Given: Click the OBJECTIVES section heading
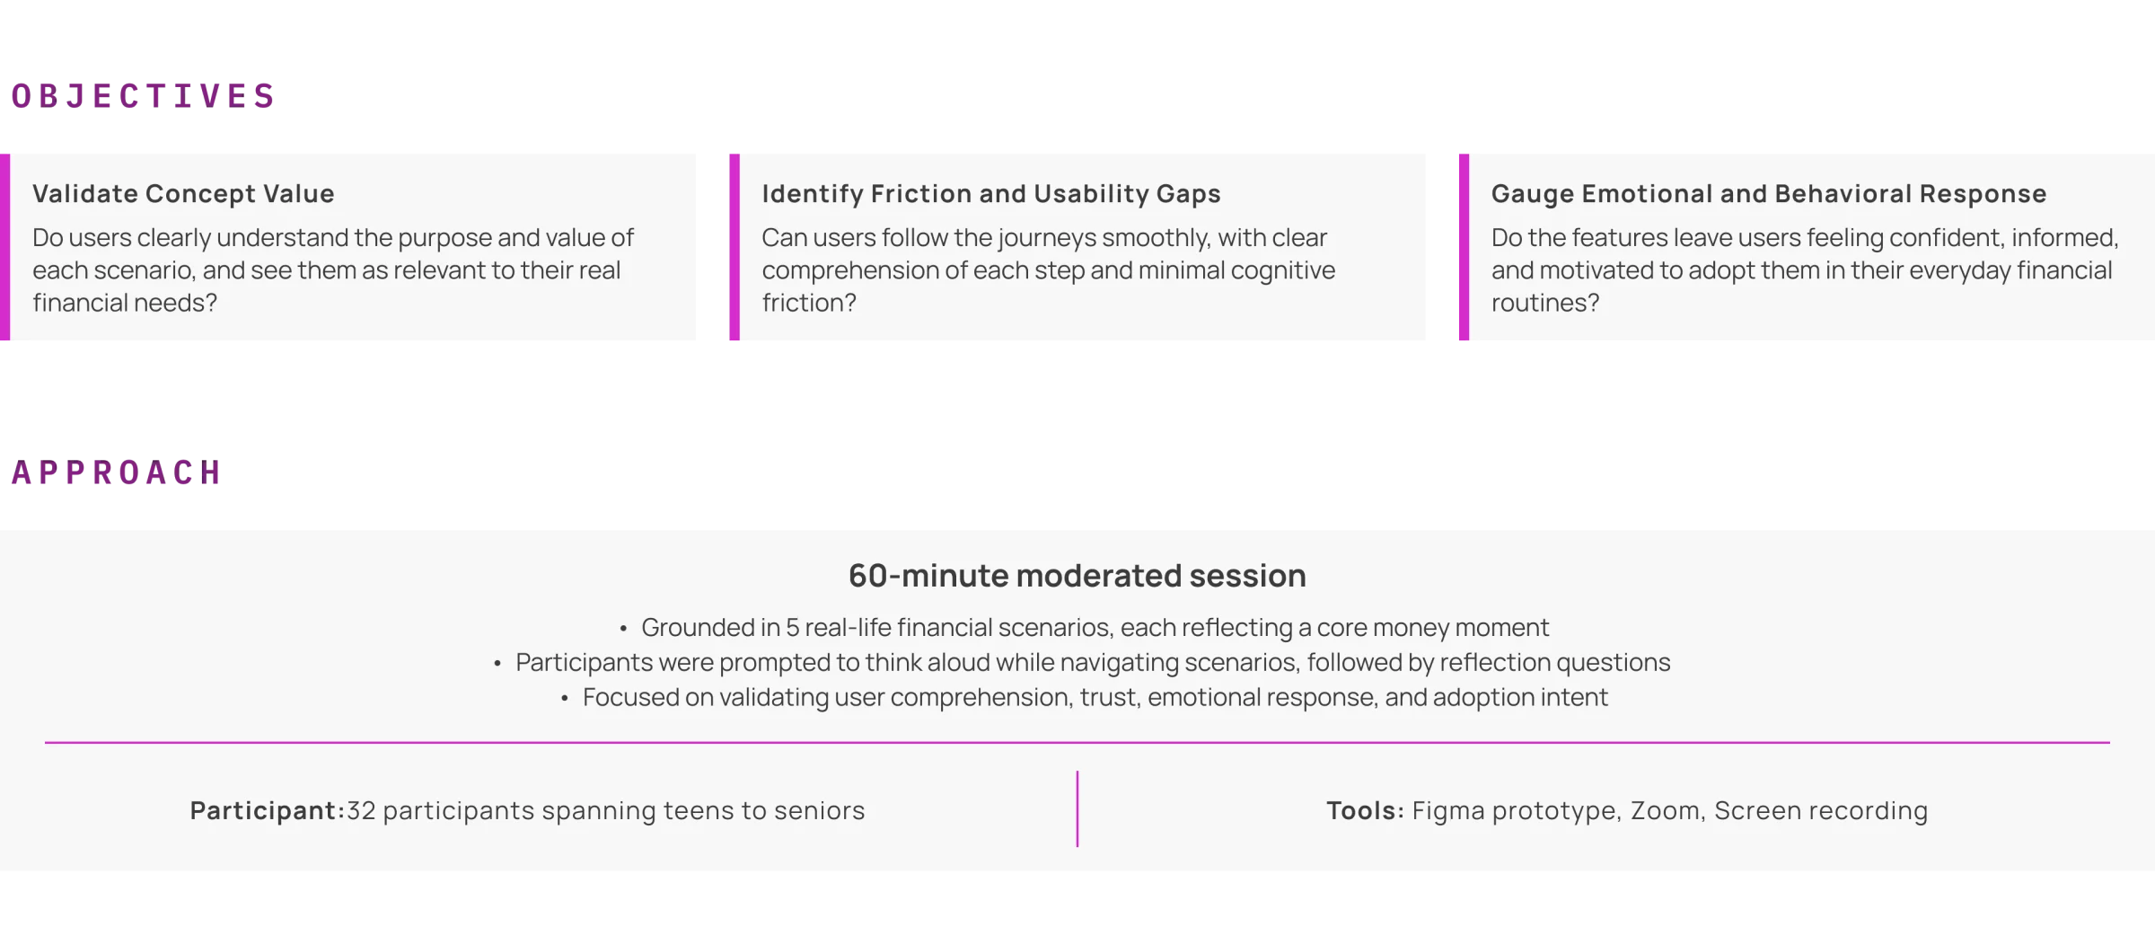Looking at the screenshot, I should click(141, 96).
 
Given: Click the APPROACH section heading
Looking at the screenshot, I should click(115, 472).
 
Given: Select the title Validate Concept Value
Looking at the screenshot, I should click(183, 193).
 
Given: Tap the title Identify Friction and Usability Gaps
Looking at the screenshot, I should click(991, 193).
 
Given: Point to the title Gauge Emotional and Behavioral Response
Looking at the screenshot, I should click(1769, 193).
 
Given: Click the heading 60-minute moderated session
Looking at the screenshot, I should click(1077, 575).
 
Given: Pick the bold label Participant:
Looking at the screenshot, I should click(268, 810).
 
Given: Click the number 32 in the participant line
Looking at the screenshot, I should click(361, 810).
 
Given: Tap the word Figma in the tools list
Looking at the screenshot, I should click(1442, 810).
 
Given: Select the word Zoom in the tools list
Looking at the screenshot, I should click(1666, 810).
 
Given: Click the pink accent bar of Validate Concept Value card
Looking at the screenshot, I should click(5, 248).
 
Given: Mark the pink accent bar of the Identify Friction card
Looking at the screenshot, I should click(734, 248).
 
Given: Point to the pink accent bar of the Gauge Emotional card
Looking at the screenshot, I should click(1464, 248).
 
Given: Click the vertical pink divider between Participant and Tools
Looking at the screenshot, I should click(1077, 808).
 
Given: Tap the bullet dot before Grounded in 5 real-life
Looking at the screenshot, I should click(623, 628).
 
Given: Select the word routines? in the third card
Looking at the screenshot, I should click(1545, 303).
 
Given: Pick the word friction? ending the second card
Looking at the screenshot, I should click(809, 303).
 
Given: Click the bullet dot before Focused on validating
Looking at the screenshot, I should click(565, 698).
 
